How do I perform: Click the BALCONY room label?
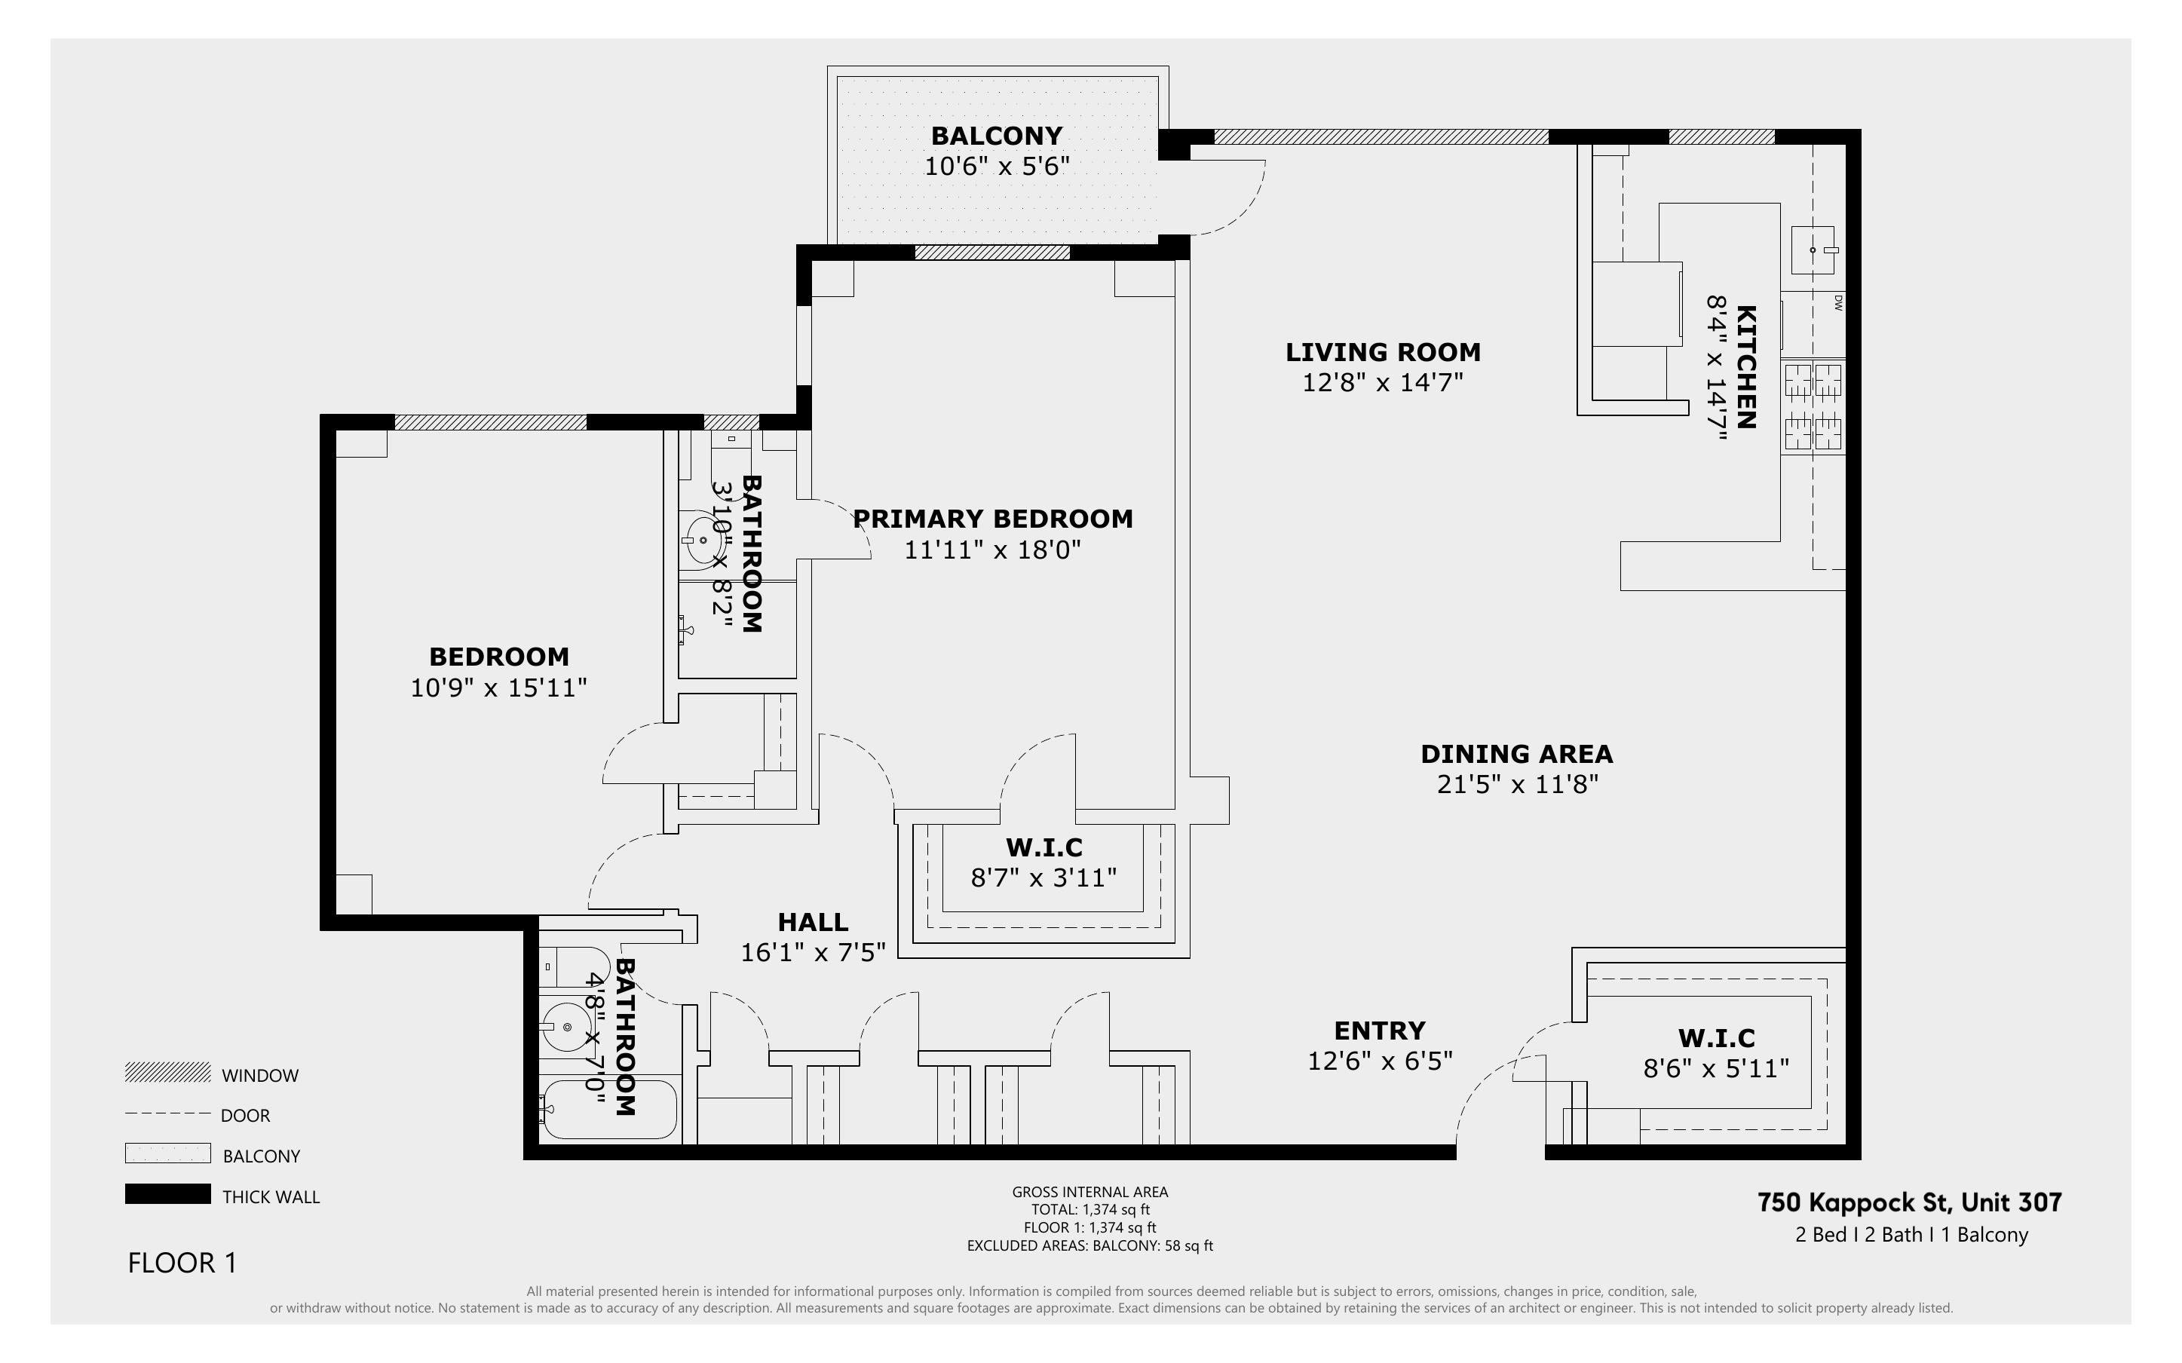(996, 136)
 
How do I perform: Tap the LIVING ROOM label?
(1383, 353)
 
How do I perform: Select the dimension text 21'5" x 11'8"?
(1517, 784)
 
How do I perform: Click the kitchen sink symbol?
(1813, 250)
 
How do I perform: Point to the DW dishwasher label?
(1837, 303)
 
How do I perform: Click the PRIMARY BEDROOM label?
(992, 519)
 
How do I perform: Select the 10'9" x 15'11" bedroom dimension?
(498, 688)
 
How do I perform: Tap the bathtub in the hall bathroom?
(610, 1109)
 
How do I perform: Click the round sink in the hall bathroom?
(567, 1027)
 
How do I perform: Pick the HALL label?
(812, 922)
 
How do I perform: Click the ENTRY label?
(1379, 1031)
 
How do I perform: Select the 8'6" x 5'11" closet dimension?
(1715, 1069)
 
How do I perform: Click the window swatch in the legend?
(167, 1073)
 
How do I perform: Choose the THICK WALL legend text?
(271, 1197)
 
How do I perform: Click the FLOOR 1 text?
(182, 1263)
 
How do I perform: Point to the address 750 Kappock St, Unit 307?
(1909, 1202)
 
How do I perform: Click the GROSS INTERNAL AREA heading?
(1089, 1192)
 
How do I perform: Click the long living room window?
(1381, 137)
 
